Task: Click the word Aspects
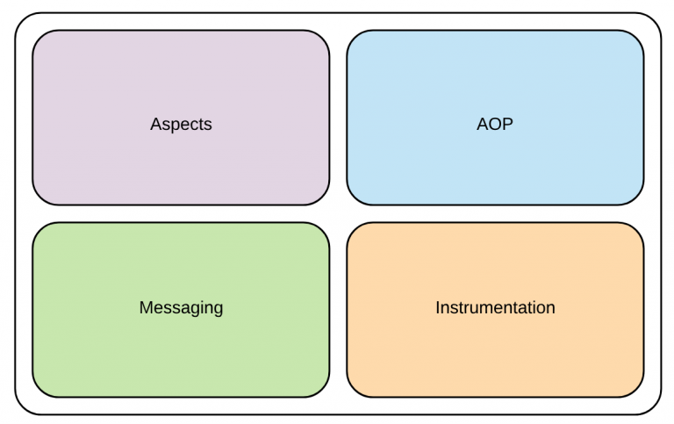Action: click(181, 125)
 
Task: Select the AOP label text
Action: click(495, 124)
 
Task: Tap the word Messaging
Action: click(181, 308)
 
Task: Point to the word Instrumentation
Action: click(495, 307)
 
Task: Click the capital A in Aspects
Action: click(155, 124)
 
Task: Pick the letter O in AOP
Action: click(495, 124)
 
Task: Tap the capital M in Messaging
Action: click(146, 307)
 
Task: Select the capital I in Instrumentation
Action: click(438, 307)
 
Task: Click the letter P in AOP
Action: click(508, 124)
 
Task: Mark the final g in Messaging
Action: click(219, 310)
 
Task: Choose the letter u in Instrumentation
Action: click(474, 310)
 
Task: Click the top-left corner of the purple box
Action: click(32, 31)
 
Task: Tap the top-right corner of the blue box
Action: click(643, 31)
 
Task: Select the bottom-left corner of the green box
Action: click(32, 397)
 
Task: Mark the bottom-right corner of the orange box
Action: click(643, 397)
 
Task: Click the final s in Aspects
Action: click(209, 126)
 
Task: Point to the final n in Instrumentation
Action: click(550, 309)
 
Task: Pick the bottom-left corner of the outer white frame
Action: click(15, 414)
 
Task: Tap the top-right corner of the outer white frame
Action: click(662, 13)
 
